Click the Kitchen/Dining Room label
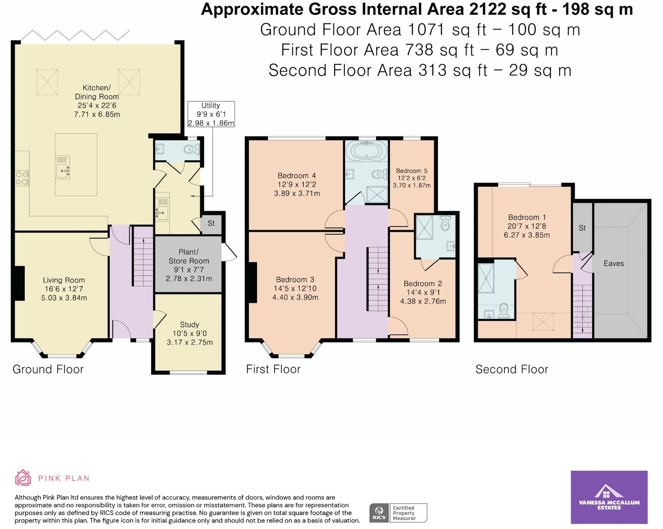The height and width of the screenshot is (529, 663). pos(97,92)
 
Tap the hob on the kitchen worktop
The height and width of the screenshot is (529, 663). pos(22,178)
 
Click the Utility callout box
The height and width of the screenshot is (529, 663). pos(211,114)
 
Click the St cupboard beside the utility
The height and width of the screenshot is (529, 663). pos(211,223)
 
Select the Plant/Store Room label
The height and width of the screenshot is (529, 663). pos(189,256)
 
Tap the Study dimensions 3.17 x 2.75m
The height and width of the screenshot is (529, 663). pos(190,343)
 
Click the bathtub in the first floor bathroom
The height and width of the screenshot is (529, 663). pos(366,151)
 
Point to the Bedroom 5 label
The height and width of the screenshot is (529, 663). pos(411,171)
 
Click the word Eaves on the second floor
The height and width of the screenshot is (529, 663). pos(613,264)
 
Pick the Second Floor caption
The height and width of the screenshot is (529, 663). pos(511,369)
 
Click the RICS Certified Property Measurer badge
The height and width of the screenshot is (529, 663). pos(398,513)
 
